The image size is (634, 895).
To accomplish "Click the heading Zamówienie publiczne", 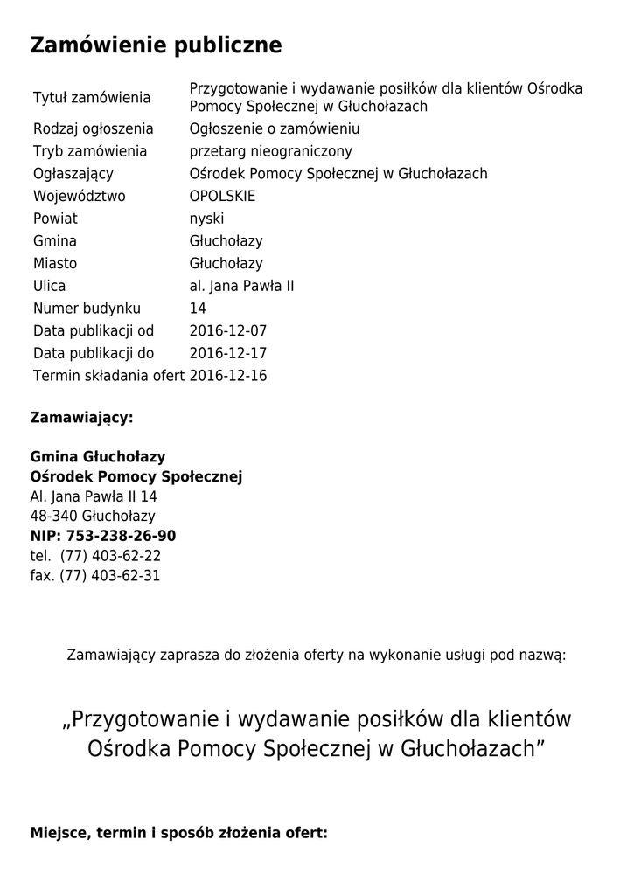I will tap(156, 45).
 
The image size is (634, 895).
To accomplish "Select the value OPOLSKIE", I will tap(222, 197).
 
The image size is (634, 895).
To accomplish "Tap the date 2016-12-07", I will tap(227, 331).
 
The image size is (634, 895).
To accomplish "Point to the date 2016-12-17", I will tap(227, 354).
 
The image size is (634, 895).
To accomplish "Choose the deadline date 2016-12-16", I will tap(227, 377).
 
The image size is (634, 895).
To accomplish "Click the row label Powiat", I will tap(55, 219).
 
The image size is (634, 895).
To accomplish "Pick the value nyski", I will tap(206, 219).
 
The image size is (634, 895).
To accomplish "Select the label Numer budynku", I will tap(87, 309).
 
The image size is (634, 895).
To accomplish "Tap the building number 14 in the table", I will tap(198, 309).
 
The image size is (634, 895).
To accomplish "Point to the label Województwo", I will tap(80, 197).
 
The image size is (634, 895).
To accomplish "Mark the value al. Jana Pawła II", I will tap(241, 286).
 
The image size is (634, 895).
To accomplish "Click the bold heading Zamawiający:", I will tap(81, 418).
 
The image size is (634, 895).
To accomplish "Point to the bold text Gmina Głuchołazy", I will tap(98, 457).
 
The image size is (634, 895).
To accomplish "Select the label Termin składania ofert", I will tap(108, 377).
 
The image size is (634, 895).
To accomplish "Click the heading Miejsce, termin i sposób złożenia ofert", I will tap(178, 833).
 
